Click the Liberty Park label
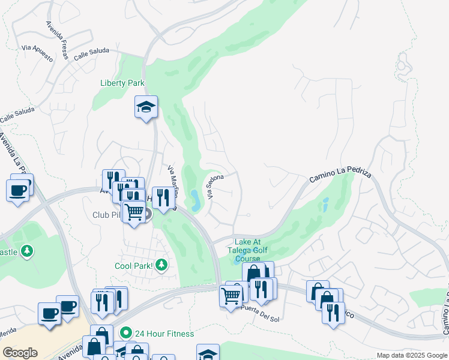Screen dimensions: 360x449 pos(122,83)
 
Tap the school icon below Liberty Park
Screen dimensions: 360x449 pos(146,107)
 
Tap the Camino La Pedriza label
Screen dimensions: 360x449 pos(340,175)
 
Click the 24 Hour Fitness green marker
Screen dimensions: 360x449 pos(125,333)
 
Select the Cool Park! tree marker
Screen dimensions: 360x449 pos(161,265)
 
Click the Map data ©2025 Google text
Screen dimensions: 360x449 pos(411,355)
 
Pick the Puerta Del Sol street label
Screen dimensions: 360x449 pos(260,311)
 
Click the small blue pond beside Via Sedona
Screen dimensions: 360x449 pos(196,196)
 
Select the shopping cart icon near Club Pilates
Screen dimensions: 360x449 pos(134,211)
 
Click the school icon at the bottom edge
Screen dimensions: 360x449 pos(208,353)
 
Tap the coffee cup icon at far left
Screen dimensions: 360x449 pos(18,191)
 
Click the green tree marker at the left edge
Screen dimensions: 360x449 pos(26,251)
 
